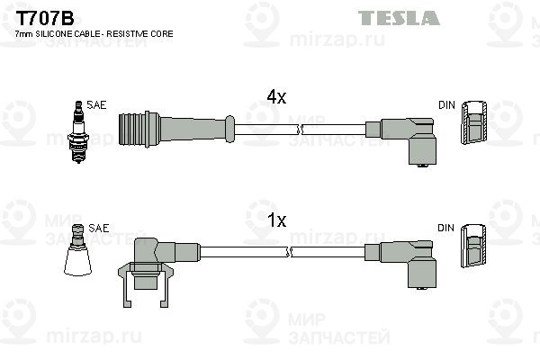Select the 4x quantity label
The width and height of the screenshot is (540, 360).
click(275, 97)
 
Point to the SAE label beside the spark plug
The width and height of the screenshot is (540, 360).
click(96, 105)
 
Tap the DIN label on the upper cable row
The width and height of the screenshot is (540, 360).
click(446, 105)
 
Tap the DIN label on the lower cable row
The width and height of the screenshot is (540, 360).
click(446, 229)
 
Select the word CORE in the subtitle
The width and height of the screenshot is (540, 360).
click(163, 33)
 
